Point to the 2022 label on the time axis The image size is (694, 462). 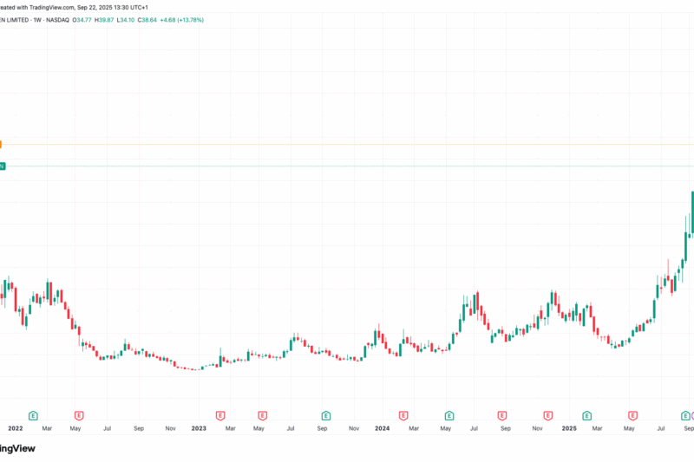[x=15, y=427]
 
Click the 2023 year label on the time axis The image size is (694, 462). [x=199, y=427]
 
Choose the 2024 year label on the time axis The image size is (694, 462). [x=382, y=427]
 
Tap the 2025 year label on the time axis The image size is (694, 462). [x=568, y=427]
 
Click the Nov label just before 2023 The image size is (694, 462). [x=170, y=427]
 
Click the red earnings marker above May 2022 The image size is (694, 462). [x=79, y=416]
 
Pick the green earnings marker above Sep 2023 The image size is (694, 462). [x=326, y=416]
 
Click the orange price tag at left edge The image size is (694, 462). [x=2, y=145]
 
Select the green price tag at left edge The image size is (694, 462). [x=2, y=166]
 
